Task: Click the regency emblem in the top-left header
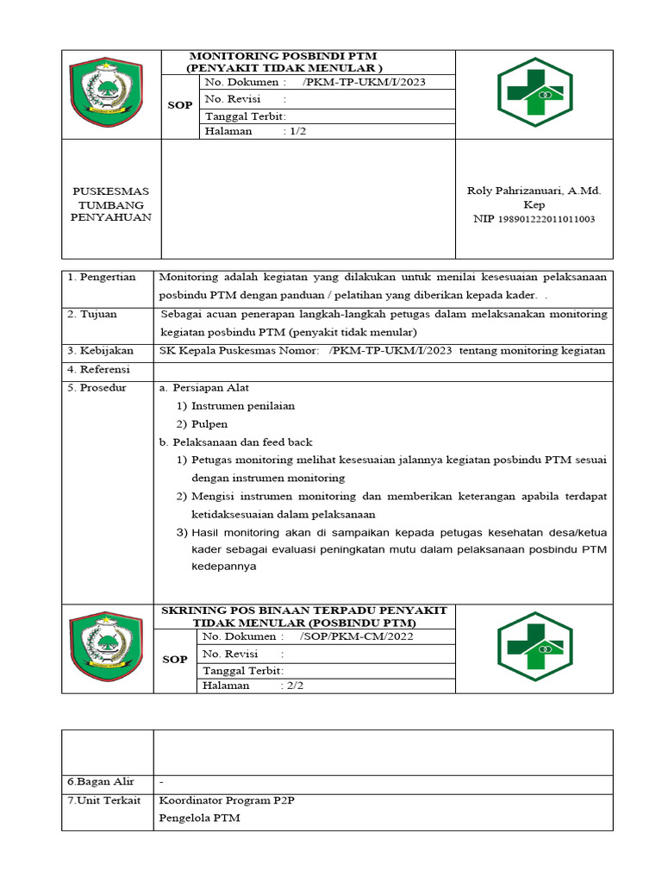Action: click(x=110, y=94)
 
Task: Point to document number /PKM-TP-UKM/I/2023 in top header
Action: click(x=365, y=82)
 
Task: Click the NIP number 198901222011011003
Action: click(x=546, y=219)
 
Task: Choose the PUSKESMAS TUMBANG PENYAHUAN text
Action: click(x=110, y=204)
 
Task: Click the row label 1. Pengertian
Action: click(x=102, y=277)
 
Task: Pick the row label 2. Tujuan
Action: click(x=92, y=314)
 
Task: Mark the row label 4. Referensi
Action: click(x=99, y=369)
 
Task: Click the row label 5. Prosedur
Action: click(x=97, y=387)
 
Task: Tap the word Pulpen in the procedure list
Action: click(x=209, y=423)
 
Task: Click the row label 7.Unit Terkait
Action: click(x=103, y=800)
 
